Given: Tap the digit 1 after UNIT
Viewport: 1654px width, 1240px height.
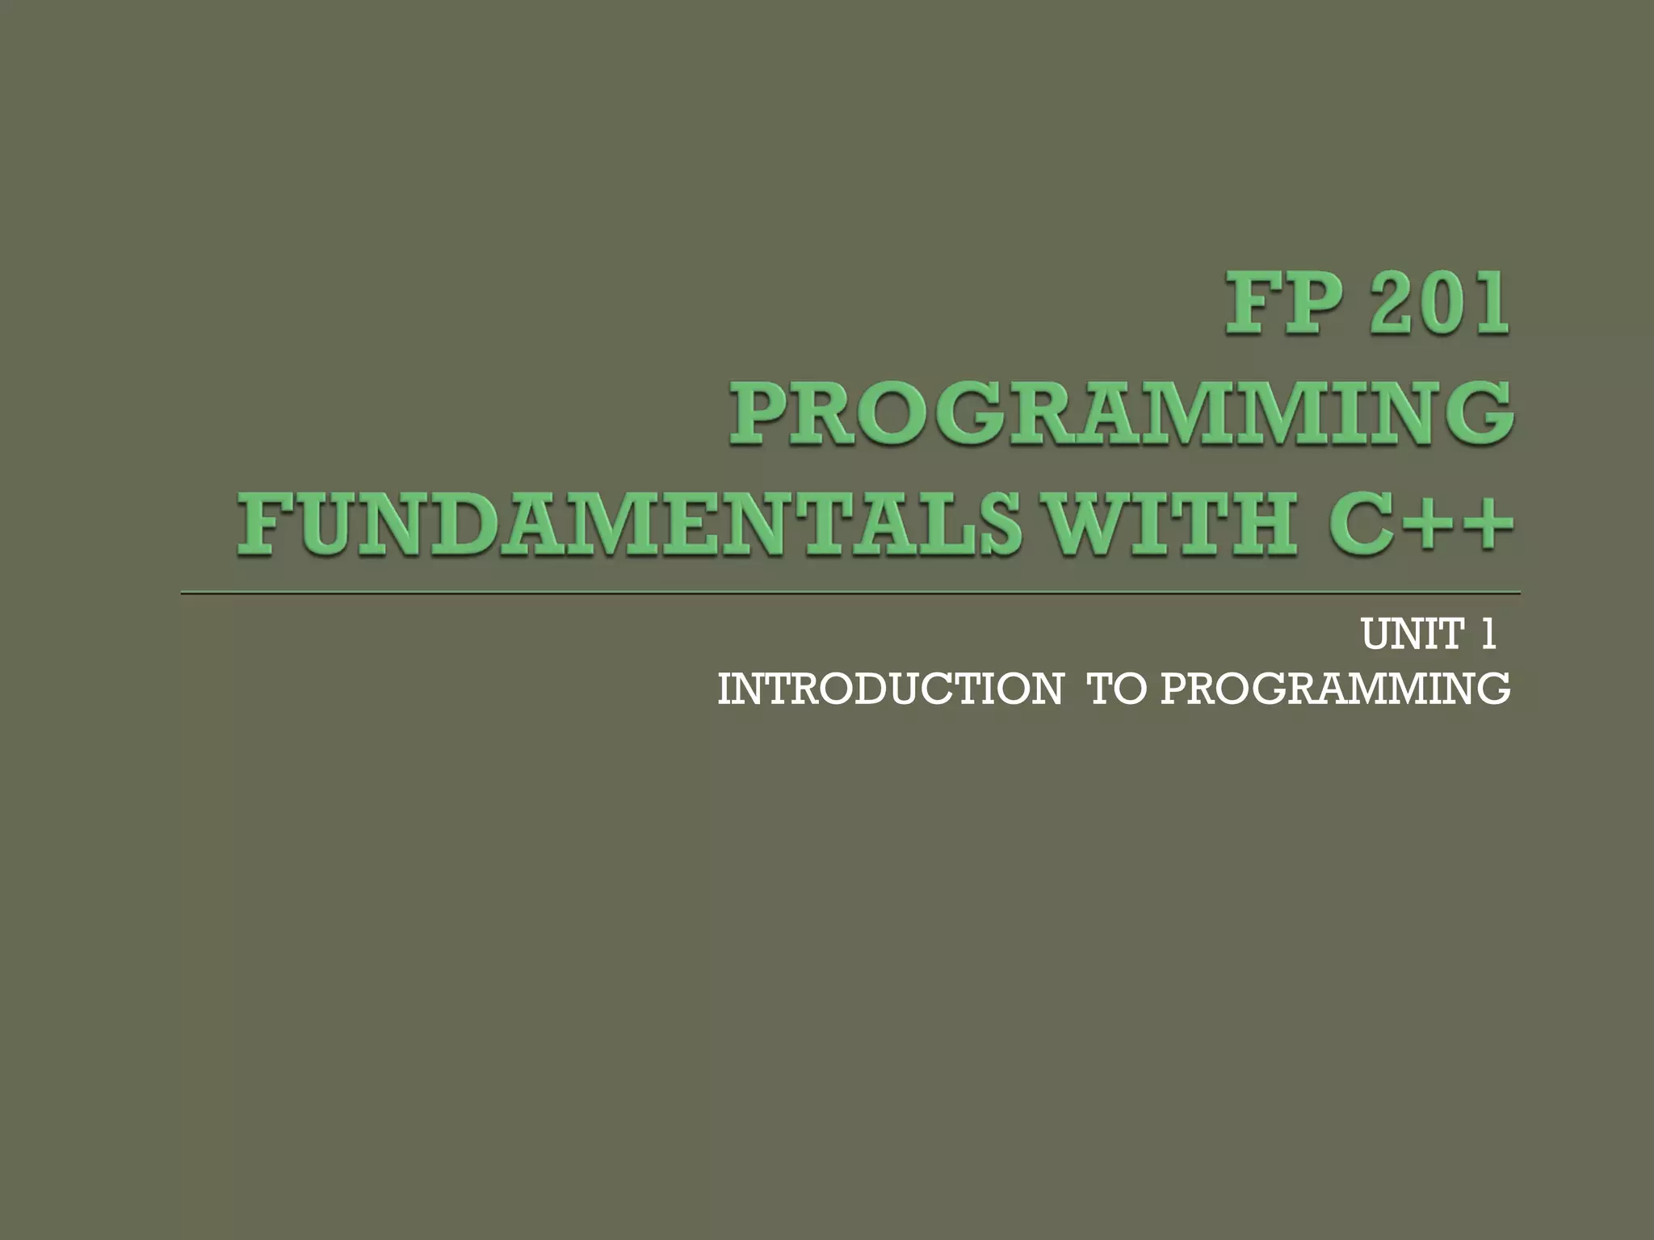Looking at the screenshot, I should click(x=1488, y=635).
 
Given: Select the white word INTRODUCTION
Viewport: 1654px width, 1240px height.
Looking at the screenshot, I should click(x=889, y=690).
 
